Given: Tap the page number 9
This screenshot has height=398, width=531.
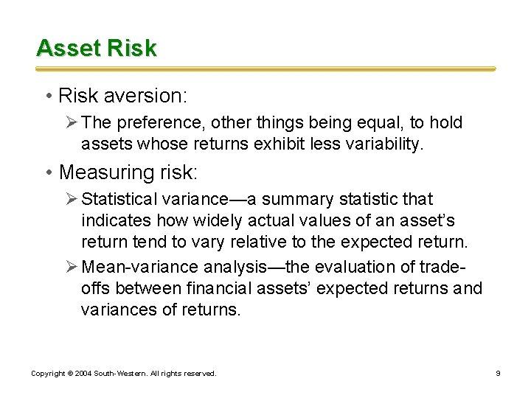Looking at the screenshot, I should tap(498, 374).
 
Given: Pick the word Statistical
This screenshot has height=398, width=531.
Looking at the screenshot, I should tap(119, 199).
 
